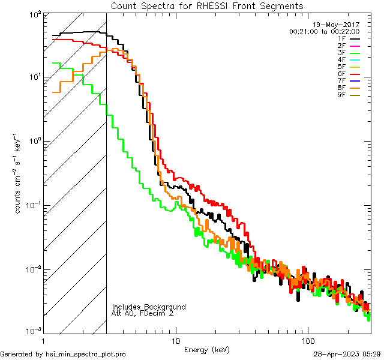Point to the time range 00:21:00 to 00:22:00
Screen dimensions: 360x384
point(324,31)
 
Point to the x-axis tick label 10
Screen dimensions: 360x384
point(175,340)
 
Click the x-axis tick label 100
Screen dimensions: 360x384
point(308,340)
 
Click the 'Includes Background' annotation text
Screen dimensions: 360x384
point(149,307)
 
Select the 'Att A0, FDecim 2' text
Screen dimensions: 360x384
point(143,313)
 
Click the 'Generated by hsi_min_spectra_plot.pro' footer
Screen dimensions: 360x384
point(63,355)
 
